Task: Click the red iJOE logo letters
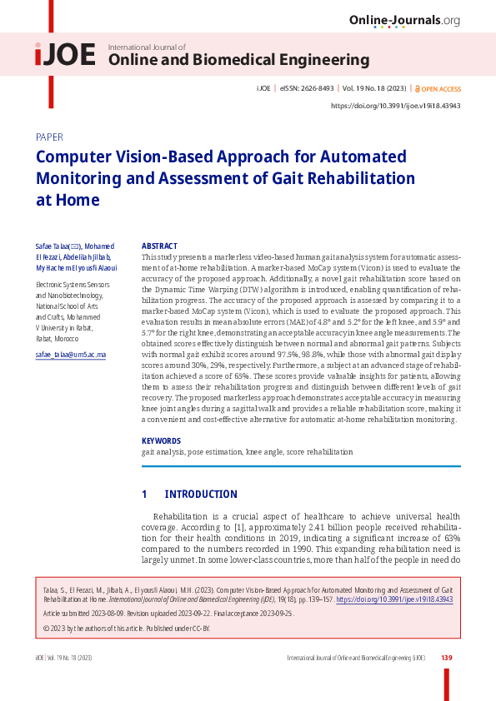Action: [65, 56]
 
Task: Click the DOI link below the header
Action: [396, 106]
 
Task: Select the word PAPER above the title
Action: [49, 137]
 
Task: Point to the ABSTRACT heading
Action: [159, 246]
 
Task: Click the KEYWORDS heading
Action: [161, 441]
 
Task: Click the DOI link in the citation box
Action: [406, 599]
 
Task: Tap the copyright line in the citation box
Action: [126, 629]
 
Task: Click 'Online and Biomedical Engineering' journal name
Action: [239, 60]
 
